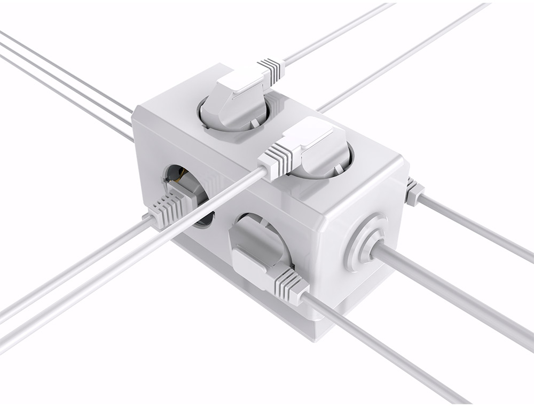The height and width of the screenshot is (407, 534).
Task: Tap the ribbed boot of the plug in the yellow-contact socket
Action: click(x=166, y=208)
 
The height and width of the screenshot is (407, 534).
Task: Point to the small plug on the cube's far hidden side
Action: click(x=413, y=192)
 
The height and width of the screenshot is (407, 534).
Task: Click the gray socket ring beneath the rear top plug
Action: click(x=211, y=120)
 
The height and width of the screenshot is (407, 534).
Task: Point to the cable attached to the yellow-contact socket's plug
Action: click(x=69, y=267)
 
